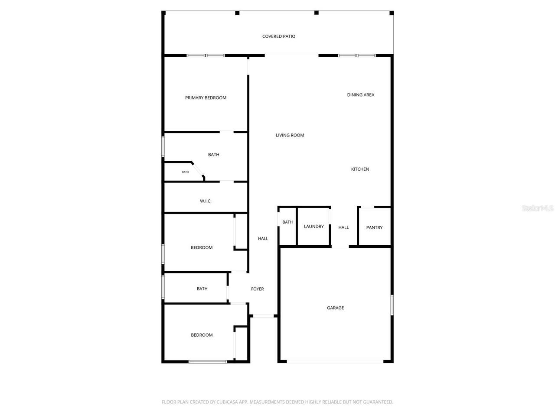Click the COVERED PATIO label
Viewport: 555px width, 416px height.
279,36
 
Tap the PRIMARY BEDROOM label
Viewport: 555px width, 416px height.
206,98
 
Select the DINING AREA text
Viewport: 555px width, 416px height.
360,95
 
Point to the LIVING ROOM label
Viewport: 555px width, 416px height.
290,135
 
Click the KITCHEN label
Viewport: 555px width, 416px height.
360,169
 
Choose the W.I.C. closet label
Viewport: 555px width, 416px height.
206,201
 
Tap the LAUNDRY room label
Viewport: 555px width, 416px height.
313,227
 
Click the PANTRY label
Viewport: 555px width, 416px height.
374,227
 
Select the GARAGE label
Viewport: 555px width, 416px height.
335,308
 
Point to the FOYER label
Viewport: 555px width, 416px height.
257,289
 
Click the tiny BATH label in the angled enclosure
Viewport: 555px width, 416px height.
185,172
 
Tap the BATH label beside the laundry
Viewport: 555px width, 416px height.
287,222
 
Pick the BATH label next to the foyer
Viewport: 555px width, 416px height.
202,289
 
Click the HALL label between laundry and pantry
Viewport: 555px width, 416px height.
343,227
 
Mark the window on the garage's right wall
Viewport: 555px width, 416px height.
392,305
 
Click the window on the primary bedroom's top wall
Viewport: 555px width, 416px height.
206,55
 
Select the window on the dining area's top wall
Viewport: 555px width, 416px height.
356,55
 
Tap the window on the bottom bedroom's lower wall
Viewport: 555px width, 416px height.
207,361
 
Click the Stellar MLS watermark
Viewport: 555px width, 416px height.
538,208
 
